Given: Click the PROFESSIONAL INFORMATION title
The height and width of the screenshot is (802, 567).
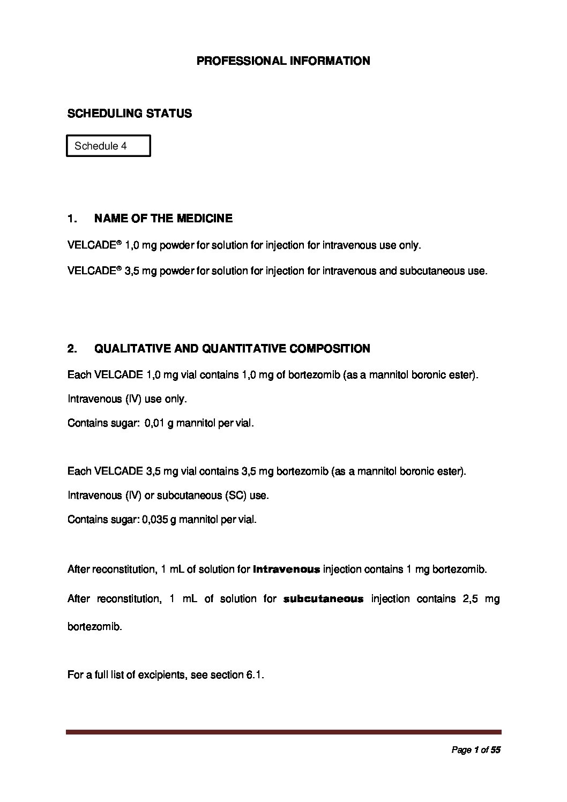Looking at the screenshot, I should point(283,61).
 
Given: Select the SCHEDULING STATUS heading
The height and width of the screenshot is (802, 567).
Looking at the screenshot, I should point(129,114).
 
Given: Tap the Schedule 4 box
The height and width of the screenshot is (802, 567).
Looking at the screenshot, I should point(108,146).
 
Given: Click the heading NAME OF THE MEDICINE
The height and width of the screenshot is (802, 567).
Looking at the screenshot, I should point(163,219).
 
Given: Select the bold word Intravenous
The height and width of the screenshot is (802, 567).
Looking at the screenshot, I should point(286,569).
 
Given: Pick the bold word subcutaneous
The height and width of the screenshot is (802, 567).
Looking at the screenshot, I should point(323,599).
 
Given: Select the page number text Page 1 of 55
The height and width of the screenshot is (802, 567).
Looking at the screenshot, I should point(476,751).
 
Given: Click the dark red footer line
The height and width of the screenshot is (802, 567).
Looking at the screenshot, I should point(283,732).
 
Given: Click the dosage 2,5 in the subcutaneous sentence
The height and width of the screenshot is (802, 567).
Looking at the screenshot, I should point(465,599).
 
